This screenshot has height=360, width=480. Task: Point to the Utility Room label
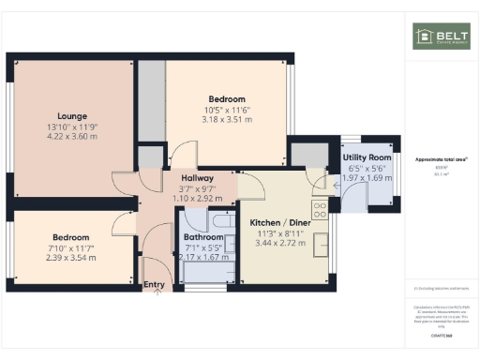pyautogui.click(x=366, y=157)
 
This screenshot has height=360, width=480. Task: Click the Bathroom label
pyautogui.click(x=202, y=237)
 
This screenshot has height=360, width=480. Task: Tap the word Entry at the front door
pyautogui.click(x=153, y=284)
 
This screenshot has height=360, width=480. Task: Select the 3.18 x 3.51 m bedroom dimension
pyautogui.click(x=227, y=120)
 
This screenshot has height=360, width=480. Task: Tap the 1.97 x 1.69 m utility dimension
pyautogui.click(x=366, y=177)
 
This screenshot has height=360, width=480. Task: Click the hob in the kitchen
pyautogui.click(x=320, y=209)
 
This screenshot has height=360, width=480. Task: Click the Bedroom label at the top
pyautogui.click(x=227, y=99)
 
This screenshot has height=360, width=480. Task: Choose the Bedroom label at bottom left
pyautogui.click(x=71, y=237)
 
